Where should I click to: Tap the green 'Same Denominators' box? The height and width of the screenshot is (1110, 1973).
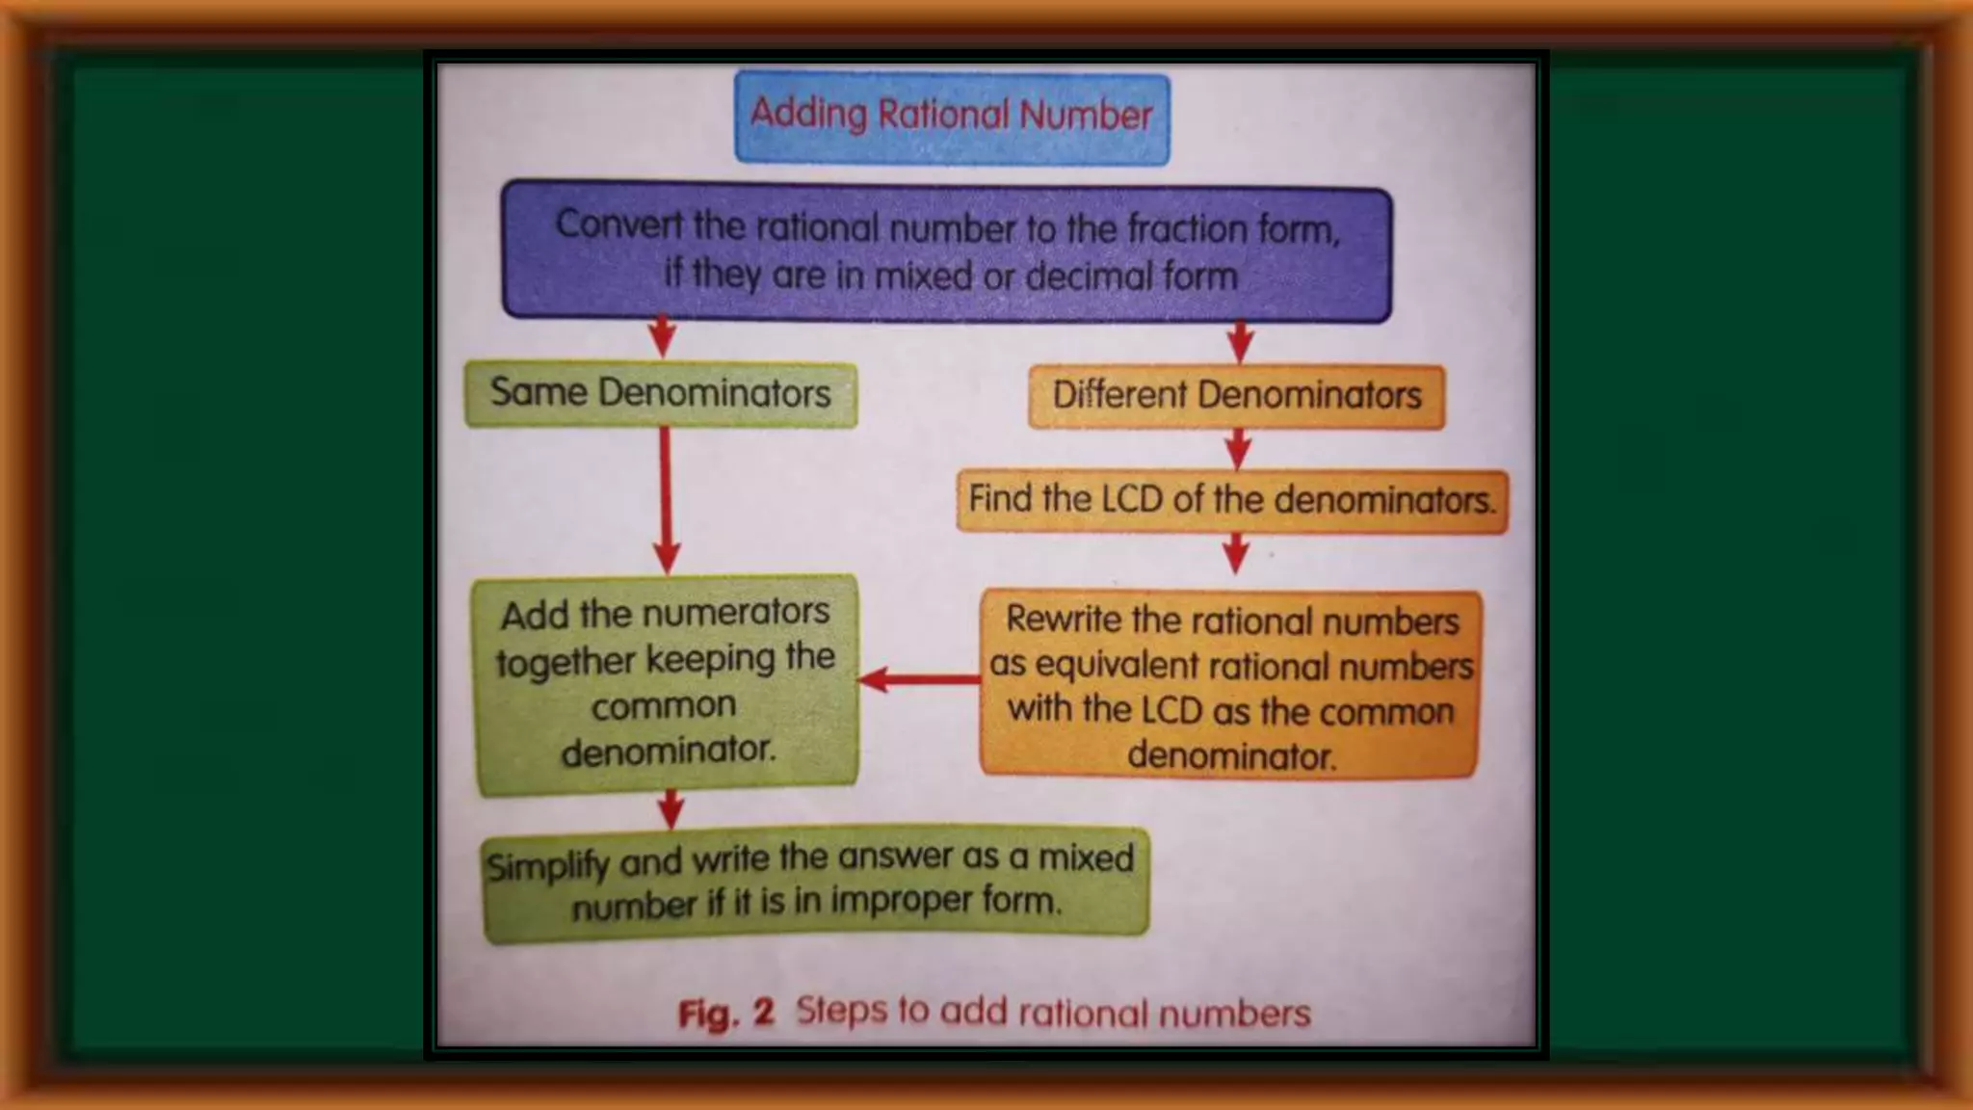[x=661, y=394]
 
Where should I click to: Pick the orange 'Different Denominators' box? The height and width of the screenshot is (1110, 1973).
[x=1236, y=396]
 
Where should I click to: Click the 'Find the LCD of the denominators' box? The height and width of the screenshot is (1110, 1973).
[x=1232, y=500]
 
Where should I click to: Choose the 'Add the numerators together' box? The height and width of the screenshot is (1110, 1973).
[x=665, y=683]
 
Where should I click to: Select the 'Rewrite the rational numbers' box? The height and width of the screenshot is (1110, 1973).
[x=1230, y=685]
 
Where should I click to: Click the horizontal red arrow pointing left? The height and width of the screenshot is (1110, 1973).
[x=919, y=680]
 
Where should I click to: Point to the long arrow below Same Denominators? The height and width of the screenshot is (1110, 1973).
[x=666, y=501]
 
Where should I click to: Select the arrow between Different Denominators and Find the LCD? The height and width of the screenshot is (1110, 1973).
[x=1238, y=449]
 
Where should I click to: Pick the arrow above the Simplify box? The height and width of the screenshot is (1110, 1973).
[x=672, y=808]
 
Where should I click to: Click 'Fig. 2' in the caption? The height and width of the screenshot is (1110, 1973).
[x=725, y=1013]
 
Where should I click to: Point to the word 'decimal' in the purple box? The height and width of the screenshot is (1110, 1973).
[x=1088, y=277]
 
